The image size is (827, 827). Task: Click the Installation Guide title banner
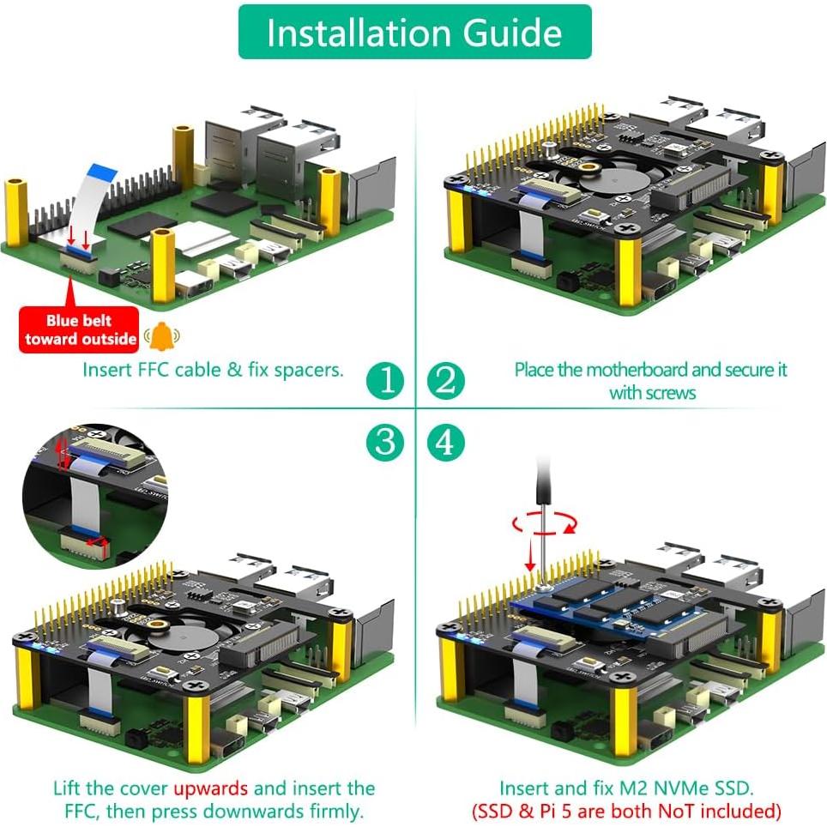pyautogui.click(x=414, y=33)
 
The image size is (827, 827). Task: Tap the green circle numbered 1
pyautogui.click(x=385, y=380)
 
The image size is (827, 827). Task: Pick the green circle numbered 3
pyautogui.click(x=385, y=442)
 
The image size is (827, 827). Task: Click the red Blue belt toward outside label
pyautogui.click(x=80, y=329)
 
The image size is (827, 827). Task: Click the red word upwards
pyautogui.click(x=210, y=788)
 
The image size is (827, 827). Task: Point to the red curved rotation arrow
pyautogui.click(x=540, y=522)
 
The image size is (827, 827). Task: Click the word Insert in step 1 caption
pyautogui.click(x=104, y=370)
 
